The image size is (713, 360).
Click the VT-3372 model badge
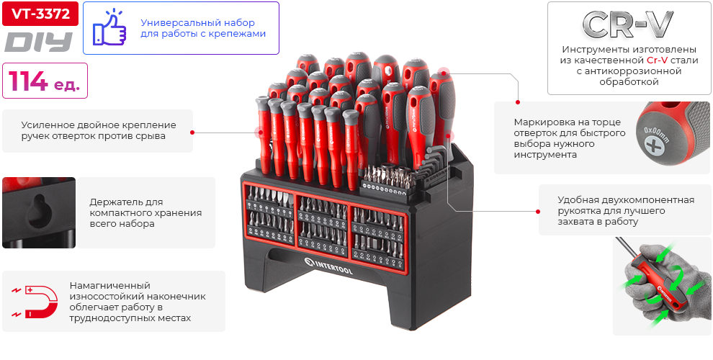pos(40,14)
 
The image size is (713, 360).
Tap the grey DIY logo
pos(40,42)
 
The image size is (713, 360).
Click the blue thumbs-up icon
pos(109,28)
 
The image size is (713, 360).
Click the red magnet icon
pos(36,301)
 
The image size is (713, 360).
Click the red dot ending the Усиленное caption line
pos(192,132)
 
